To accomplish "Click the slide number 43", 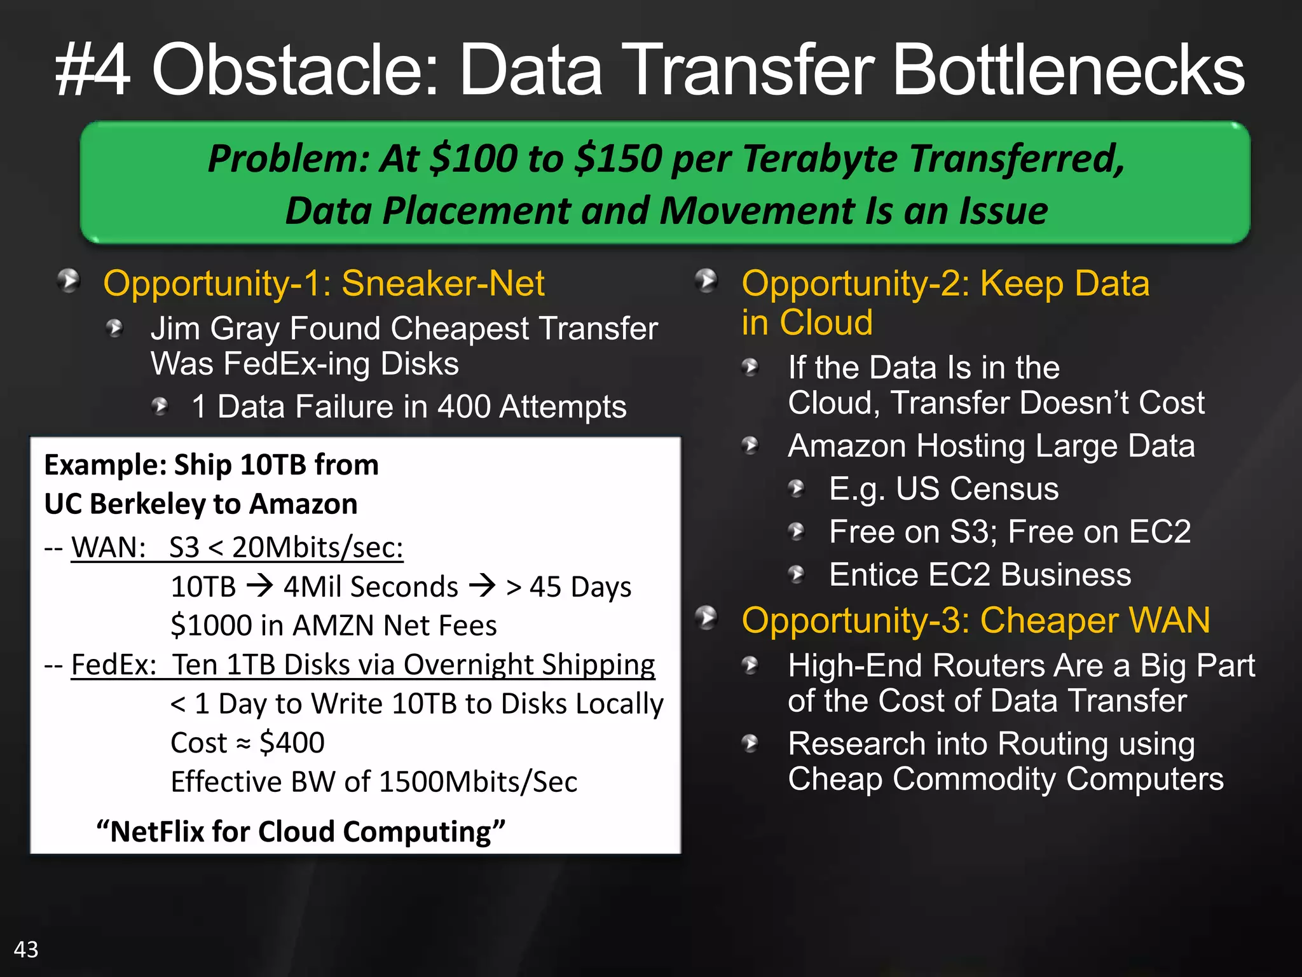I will coord(26,950).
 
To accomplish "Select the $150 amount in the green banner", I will coord(618,158).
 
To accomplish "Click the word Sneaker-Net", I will coord(442,283).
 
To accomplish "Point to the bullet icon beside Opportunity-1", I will coord(69,281).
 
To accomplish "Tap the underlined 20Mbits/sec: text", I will coord(317,547).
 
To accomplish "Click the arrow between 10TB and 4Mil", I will coord(259,585).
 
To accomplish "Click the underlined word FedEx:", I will coord(114,665).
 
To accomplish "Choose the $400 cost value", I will coord(292,742).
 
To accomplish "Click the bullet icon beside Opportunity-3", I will coord(706,618).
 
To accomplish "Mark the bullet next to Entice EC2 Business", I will coord(797,575).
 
